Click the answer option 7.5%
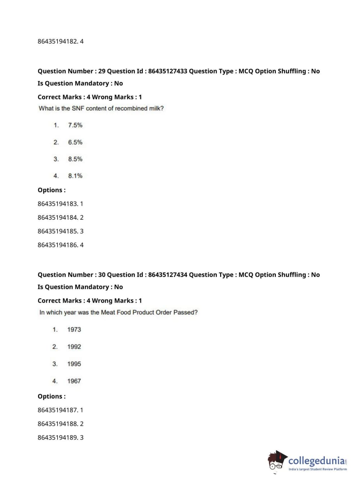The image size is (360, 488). pyautogui.click(x=75, y=125)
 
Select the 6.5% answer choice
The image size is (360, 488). pyautogui.click(x=75, y=142)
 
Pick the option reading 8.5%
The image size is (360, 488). pyautogui.click(x=75, y=159)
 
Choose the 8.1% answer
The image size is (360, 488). pyautogui.click(x=75, y=176)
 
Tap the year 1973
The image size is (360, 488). pyautogui.click(x=74, y=330)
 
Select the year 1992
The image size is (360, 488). pyautogui.click(x=74, y=347)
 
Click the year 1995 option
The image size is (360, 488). pyautogui.click(x=74, y=364)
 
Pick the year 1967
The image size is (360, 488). pyautogui.click(x=74, y=381)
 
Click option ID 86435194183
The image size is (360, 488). pyautogui.click(x=58, y=204)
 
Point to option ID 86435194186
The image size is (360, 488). pyautogui.click(x=58, y=245)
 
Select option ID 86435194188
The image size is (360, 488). pyautogui.click(x=58, y=424)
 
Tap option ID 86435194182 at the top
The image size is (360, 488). pyautogui.click(x=58, y=41)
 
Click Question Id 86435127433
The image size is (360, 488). pyautogui.click(x=168, y=71)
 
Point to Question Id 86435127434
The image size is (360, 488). pyautogui.click(x=168, y=275)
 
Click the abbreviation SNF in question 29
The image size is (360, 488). pyautogui.click(x=78, y=108)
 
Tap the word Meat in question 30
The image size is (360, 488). pyautogui.click(x=108, y=312)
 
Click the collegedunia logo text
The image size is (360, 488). pyautogui.click(x=316, y=461)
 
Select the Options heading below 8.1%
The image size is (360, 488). pyautogui.click(x=51, y=190)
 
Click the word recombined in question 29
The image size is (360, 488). pyautogui.click(x=131, y=108)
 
